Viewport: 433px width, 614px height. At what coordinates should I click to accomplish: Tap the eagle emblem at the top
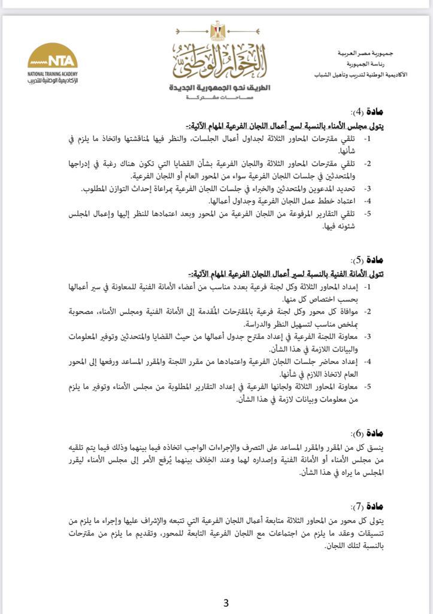[x=216, y=30]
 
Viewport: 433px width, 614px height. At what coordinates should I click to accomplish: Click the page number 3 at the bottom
[x=226, y=603]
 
